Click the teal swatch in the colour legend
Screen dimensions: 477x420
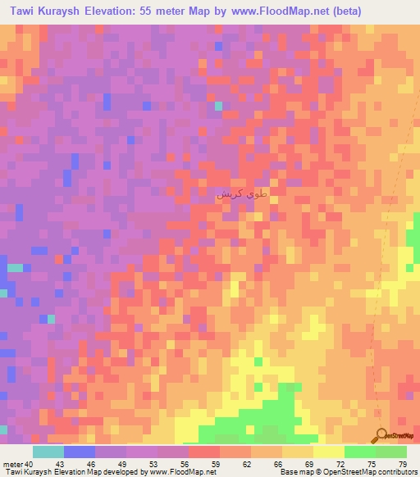[x=48, y=452]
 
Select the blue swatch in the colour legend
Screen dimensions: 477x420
[x=80, y=452]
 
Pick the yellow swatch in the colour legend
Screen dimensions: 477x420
[x=329, y=452]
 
